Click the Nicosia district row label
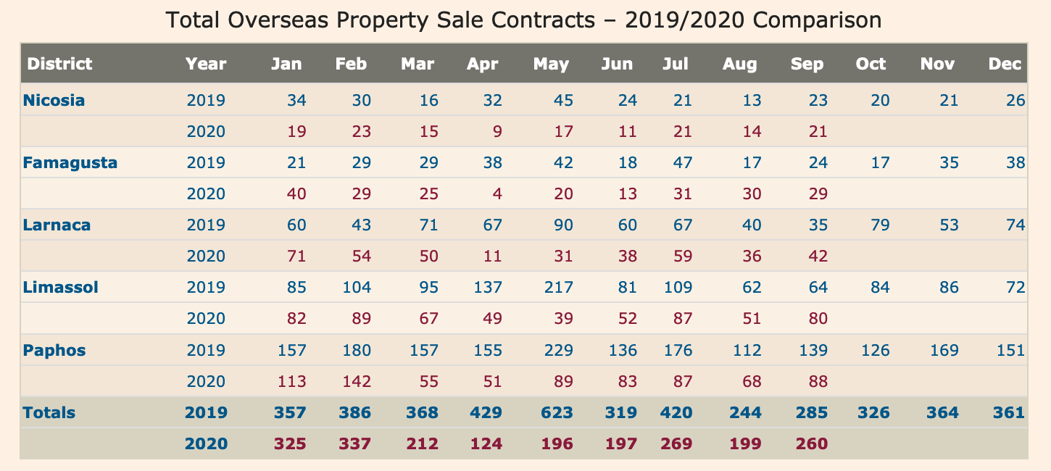(x=54, y=100)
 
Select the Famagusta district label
(x=70, y=162)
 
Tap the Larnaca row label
(x=57, y=225)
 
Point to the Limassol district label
(x=60, y=288)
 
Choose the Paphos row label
(x=54, y=350)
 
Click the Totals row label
(x=49, y=413)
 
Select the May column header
(x=551, y=64)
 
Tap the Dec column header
(x=1005, y=64)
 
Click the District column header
(x=59, y=64)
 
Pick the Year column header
(x=206, y=64)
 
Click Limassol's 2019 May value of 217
(x=557, y=288)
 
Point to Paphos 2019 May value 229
(x=557, y=350)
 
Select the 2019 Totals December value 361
(x=1007, y=413)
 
